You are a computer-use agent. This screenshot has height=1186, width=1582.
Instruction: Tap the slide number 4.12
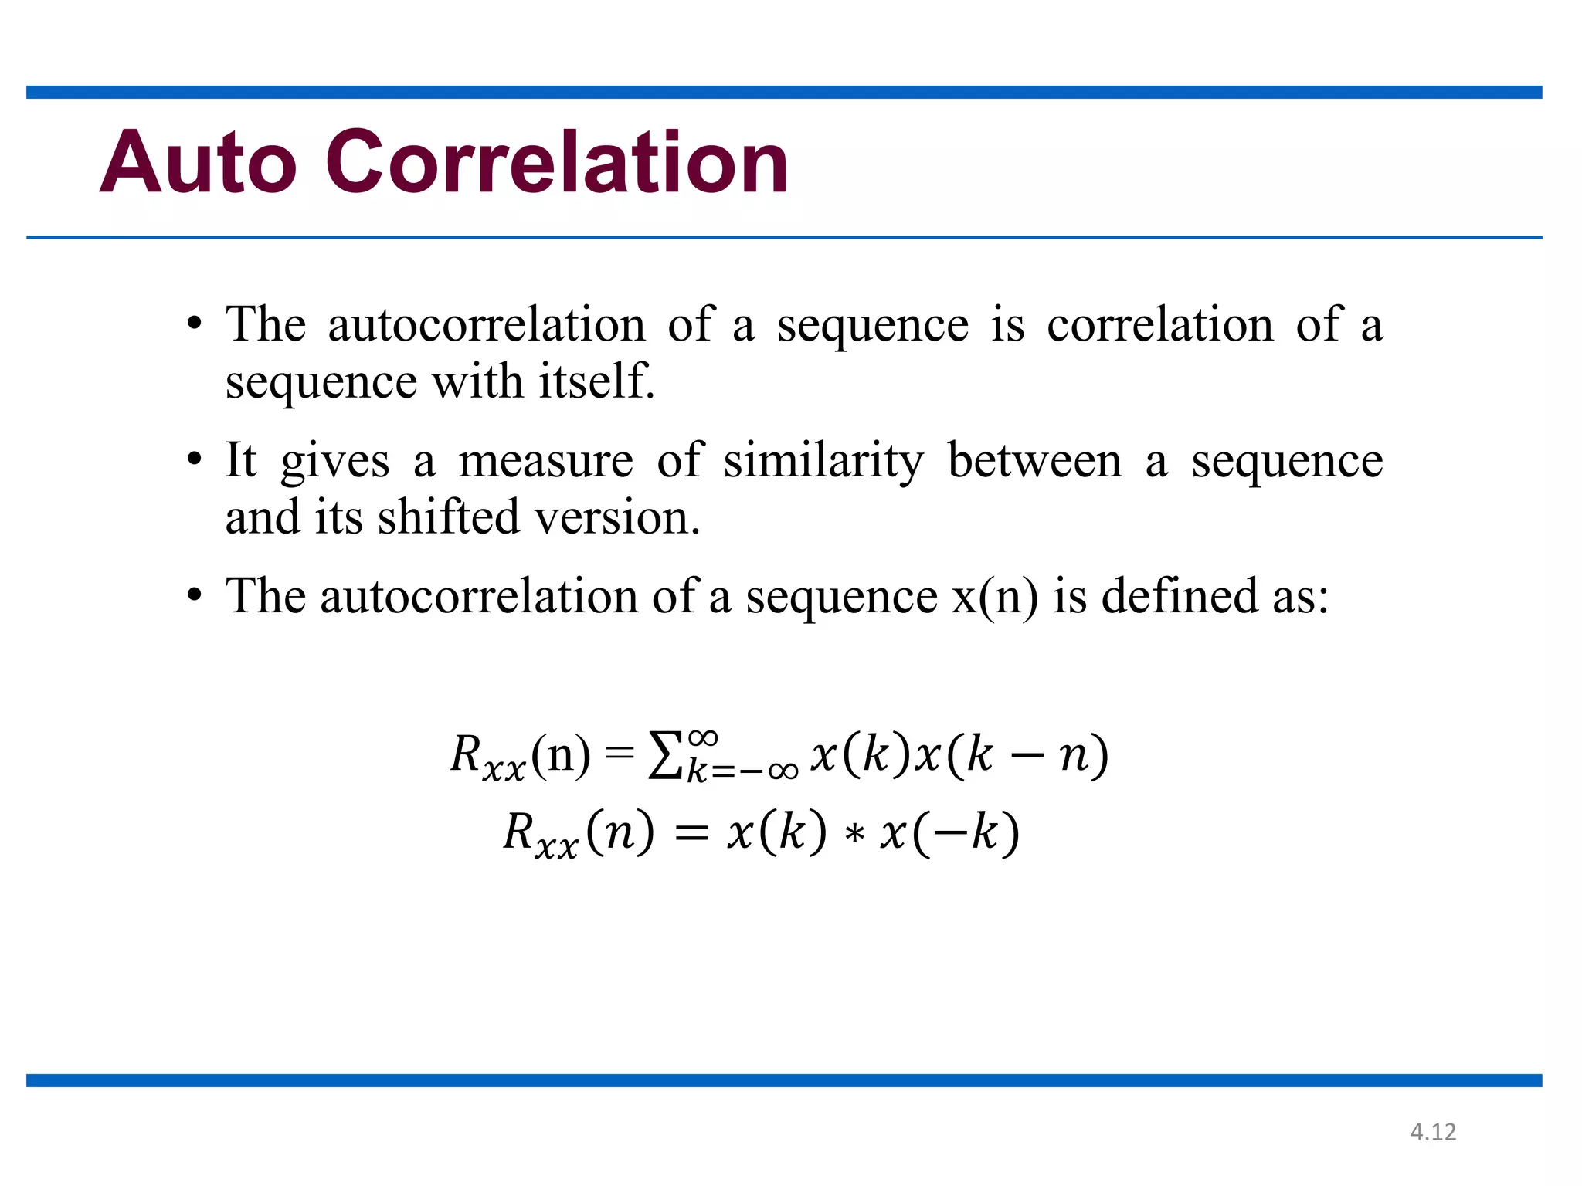click(x=1433, y=1132)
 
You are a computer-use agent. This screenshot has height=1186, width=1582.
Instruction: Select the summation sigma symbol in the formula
click(x=665, y=757)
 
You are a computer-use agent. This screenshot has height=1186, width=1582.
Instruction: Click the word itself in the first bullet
click(x=596, y=381)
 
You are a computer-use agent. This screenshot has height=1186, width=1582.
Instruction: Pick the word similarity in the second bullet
click(x=823, y=462)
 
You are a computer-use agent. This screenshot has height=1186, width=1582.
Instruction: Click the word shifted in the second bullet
click(x=448, y=517)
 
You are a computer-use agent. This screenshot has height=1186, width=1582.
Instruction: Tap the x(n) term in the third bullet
click(x=995, y=597)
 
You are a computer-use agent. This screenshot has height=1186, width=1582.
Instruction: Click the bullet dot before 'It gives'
click(x=195, y=460)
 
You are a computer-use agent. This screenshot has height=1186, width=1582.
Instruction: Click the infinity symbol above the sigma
click(x=703, y=737)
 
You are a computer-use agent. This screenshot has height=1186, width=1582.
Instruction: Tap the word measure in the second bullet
click(x=545, y=462)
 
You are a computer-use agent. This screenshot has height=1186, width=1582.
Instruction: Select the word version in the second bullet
click(x=617, y=517)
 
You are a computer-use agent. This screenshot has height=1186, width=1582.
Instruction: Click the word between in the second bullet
click(x=1034, y=462)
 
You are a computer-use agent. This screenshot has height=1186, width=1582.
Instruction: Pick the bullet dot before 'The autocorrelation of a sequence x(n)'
click(x=195, y=597)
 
